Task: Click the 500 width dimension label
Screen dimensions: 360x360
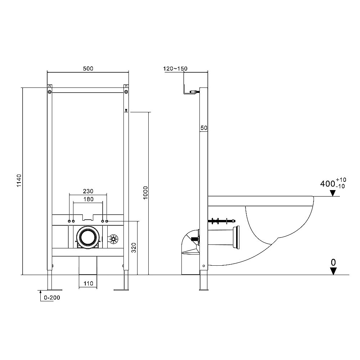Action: point(88,68)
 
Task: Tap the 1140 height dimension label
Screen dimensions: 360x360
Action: point(19,180)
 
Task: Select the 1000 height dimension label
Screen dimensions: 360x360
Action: point(145,193)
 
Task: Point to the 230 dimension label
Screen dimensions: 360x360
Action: point(88,191)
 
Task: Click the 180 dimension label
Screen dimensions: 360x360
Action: point(88,199)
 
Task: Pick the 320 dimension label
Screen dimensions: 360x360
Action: point(134,248)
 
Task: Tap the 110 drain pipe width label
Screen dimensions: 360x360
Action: point(88,283)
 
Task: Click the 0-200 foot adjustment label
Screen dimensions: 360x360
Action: point(52,298)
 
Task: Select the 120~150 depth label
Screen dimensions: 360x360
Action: point(175,68)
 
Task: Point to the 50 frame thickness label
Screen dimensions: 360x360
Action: point(204,128)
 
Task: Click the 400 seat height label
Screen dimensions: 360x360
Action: point(327,184)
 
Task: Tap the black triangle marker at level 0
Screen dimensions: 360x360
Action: point(333,271)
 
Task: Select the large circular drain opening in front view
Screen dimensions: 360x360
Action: point(88,237)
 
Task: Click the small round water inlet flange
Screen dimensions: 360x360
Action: point(113,239)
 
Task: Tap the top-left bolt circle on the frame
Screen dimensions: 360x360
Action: point(50,92)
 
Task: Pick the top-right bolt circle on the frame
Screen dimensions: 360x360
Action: point(126,92)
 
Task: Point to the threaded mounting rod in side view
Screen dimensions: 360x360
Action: point(221,221)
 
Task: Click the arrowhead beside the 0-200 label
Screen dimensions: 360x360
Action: point(40,292)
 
